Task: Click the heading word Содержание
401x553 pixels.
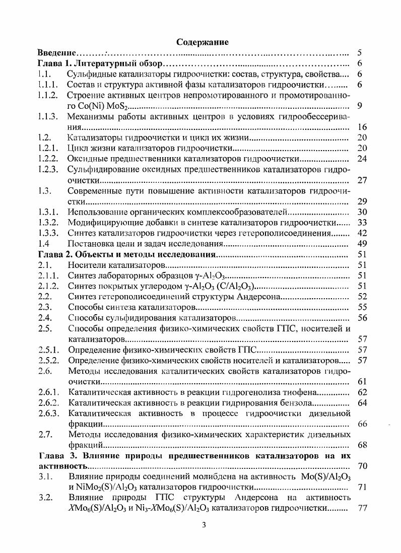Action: (203, 42)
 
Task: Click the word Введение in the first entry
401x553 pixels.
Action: (57, 53)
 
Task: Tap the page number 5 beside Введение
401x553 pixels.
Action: (359, 53)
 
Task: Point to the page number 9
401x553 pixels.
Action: (359, 106)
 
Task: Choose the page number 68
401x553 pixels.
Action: (361, 445)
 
